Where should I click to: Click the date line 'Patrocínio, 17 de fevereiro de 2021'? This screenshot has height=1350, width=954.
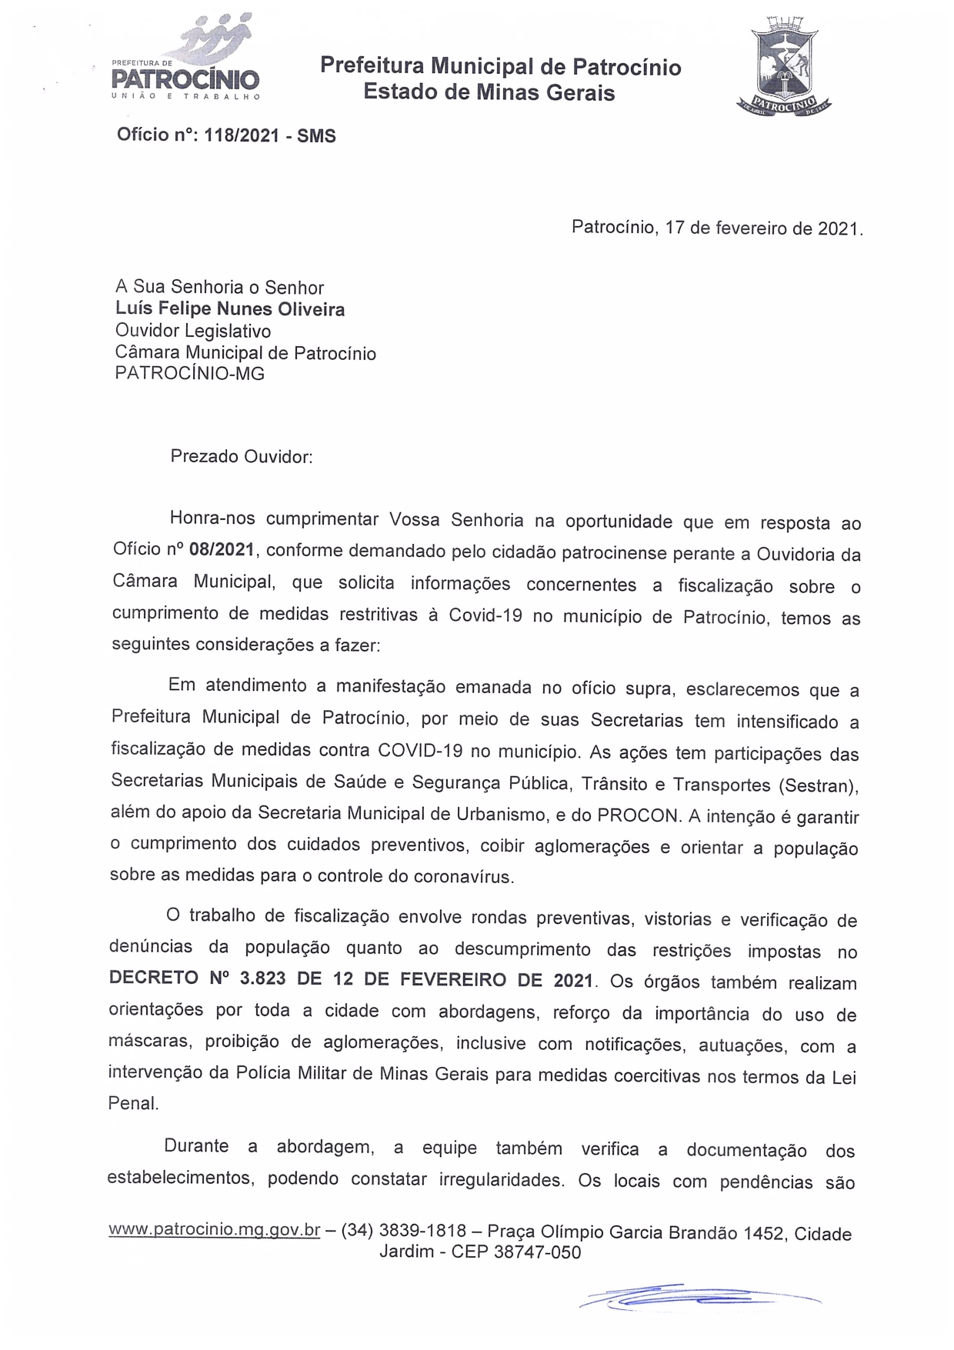coord(717,228)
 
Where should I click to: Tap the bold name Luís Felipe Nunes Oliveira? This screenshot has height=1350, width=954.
coord(230,309)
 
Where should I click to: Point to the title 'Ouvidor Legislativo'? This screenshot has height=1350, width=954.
coord(192,331)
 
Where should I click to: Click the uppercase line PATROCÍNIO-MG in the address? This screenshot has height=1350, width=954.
coord(189,374)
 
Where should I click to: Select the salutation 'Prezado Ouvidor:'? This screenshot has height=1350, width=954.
coord(242,456)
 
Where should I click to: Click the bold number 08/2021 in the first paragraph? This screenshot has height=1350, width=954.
coord(222,550)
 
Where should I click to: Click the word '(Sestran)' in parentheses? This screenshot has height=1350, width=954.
coord(818,785)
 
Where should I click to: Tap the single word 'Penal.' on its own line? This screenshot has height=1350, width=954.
coord(133,1103)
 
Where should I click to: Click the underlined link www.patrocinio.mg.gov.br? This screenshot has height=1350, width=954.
coord(215,1229)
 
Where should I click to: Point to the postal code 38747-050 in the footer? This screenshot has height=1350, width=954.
coord(536,1252)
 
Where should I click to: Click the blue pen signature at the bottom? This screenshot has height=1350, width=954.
coord(700,1298)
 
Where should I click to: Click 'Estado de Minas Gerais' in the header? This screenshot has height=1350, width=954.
coord(489,93)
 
